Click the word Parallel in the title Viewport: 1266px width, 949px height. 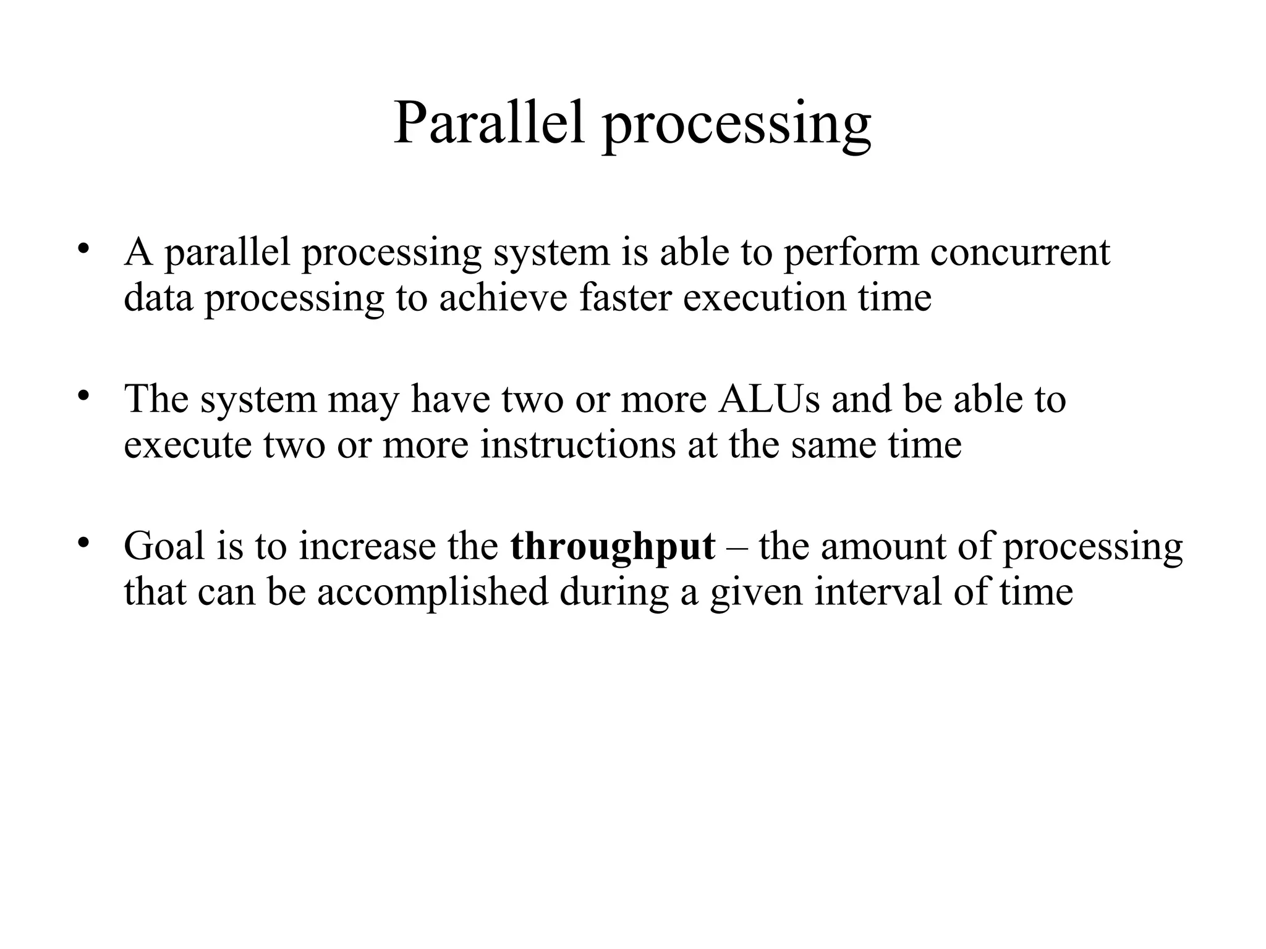(488, 122)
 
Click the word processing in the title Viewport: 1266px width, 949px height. (736, 127)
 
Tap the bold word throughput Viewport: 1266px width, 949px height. (613, 547)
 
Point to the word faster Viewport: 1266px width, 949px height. (625, 298)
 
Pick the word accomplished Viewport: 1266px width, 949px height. (433, 592)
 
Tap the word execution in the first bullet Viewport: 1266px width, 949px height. (764, 298)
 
